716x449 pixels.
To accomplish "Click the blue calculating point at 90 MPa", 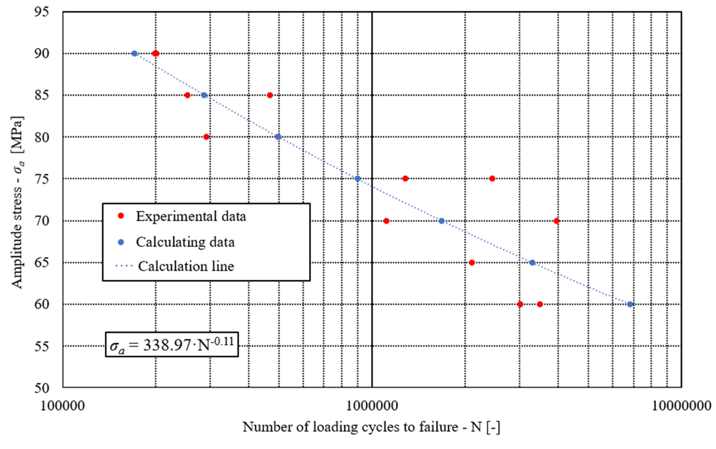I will tap(134, 53).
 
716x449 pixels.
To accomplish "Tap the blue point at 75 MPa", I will tap(357, 178).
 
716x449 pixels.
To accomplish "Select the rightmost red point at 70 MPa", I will tap(557, 221).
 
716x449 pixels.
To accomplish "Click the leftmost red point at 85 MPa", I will tap(187, 95).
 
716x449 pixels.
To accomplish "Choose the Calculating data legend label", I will tap(185, 242).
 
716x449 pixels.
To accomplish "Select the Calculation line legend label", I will tap(186, 266).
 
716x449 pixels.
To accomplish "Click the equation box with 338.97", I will tap(172, 345).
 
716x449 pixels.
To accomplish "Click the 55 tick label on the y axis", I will tap(42, 346).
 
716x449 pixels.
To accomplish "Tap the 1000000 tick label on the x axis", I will tap(372, 406).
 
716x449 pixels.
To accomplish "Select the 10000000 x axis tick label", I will tap(681, 406).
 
